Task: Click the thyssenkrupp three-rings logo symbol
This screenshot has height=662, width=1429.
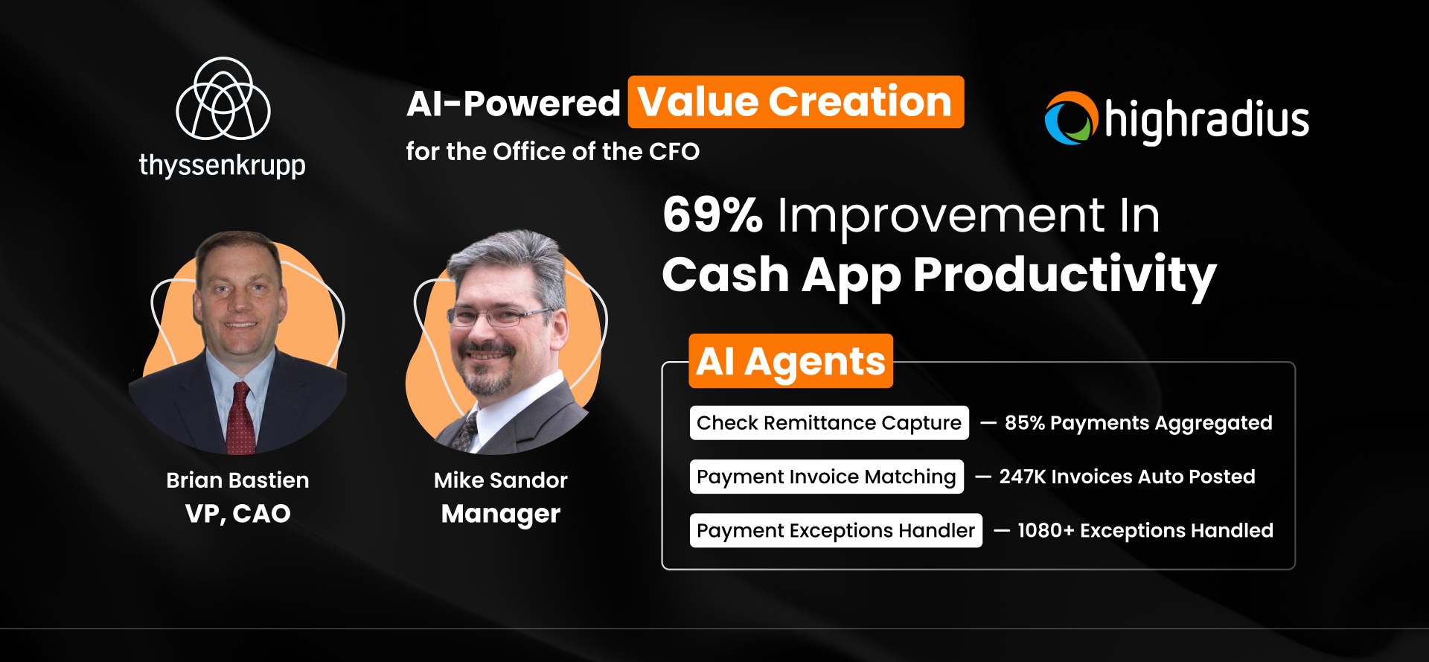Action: click(x=223, y=99)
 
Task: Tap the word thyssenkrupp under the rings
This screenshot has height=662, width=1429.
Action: click(x=222, y=165)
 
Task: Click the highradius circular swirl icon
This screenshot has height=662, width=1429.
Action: click(x=1071, y=118)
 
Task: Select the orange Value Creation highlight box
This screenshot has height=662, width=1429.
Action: click(x=796, y=102)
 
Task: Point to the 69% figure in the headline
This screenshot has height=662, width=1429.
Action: click(x=712, y=215)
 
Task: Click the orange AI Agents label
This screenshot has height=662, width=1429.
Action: click(x=790, y=362)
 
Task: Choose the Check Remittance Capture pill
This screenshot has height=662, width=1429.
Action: click(x=828, y=423)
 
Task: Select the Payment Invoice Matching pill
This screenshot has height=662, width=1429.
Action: click(x=826, y=477)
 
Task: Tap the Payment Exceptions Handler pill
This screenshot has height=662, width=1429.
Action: click(x=835, y=530)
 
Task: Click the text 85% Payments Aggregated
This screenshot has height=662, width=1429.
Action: click(x=1138, y=423)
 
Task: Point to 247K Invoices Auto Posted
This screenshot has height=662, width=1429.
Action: click(x=1127, y=477)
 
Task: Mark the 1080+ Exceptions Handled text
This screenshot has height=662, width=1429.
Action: click(x=1145, y=530)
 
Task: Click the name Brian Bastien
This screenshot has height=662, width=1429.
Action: click(x=237, y=480)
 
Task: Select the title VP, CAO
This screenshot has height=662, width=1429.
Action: click(x=237, y=514)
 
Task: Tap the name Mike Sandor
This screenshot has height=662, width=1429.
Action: click(x=500, y=480)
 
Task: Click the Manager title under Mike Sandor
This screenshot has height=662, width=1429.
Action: click(x=500, y=514)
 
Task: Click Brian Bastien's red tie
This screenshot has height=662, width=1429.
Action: click(x=240, y=417)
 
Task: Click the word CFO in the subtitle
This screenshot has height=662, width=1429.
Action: click(x=674, y=152)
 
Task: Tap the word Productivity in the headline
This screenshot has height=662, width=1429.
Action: click(x=1064, y=275)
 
